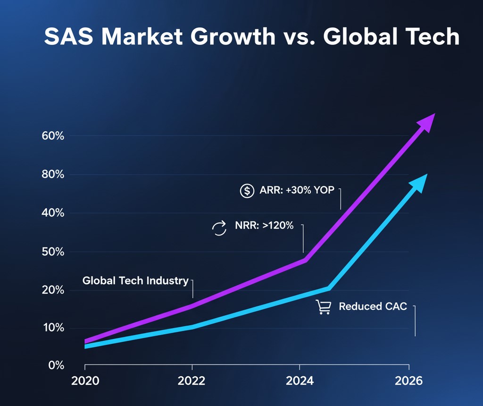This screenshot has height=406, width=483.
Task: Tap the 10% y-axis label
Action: [x=53, y=328]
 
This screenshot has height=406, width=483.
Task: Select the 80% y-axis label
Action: [x=52, y=175]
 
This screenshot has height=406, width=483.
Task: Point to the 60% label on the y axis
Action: [x=52, y=136]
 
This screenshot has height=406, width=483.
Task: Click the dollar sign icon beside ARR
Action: [x=247, y=191]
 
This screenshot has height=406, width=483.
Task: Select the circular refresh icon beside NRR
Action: [x=219, y=228]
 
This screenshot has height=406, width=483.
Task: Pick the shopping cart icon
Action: [x=323, y=307]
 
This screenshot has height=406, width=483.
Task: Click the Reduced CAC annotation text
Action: [x=373, y=307]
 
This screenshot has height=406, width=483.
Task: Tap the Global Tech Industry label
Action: [x=135, y=280]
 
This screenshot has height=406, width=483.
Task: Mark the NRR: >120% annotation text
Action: [x=264, y=226]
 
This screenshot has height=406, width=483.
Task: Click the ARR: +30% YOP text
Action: [x=297, y=190]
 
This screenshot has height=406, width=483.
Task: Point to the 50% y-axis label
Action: [x=52, y=252]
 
